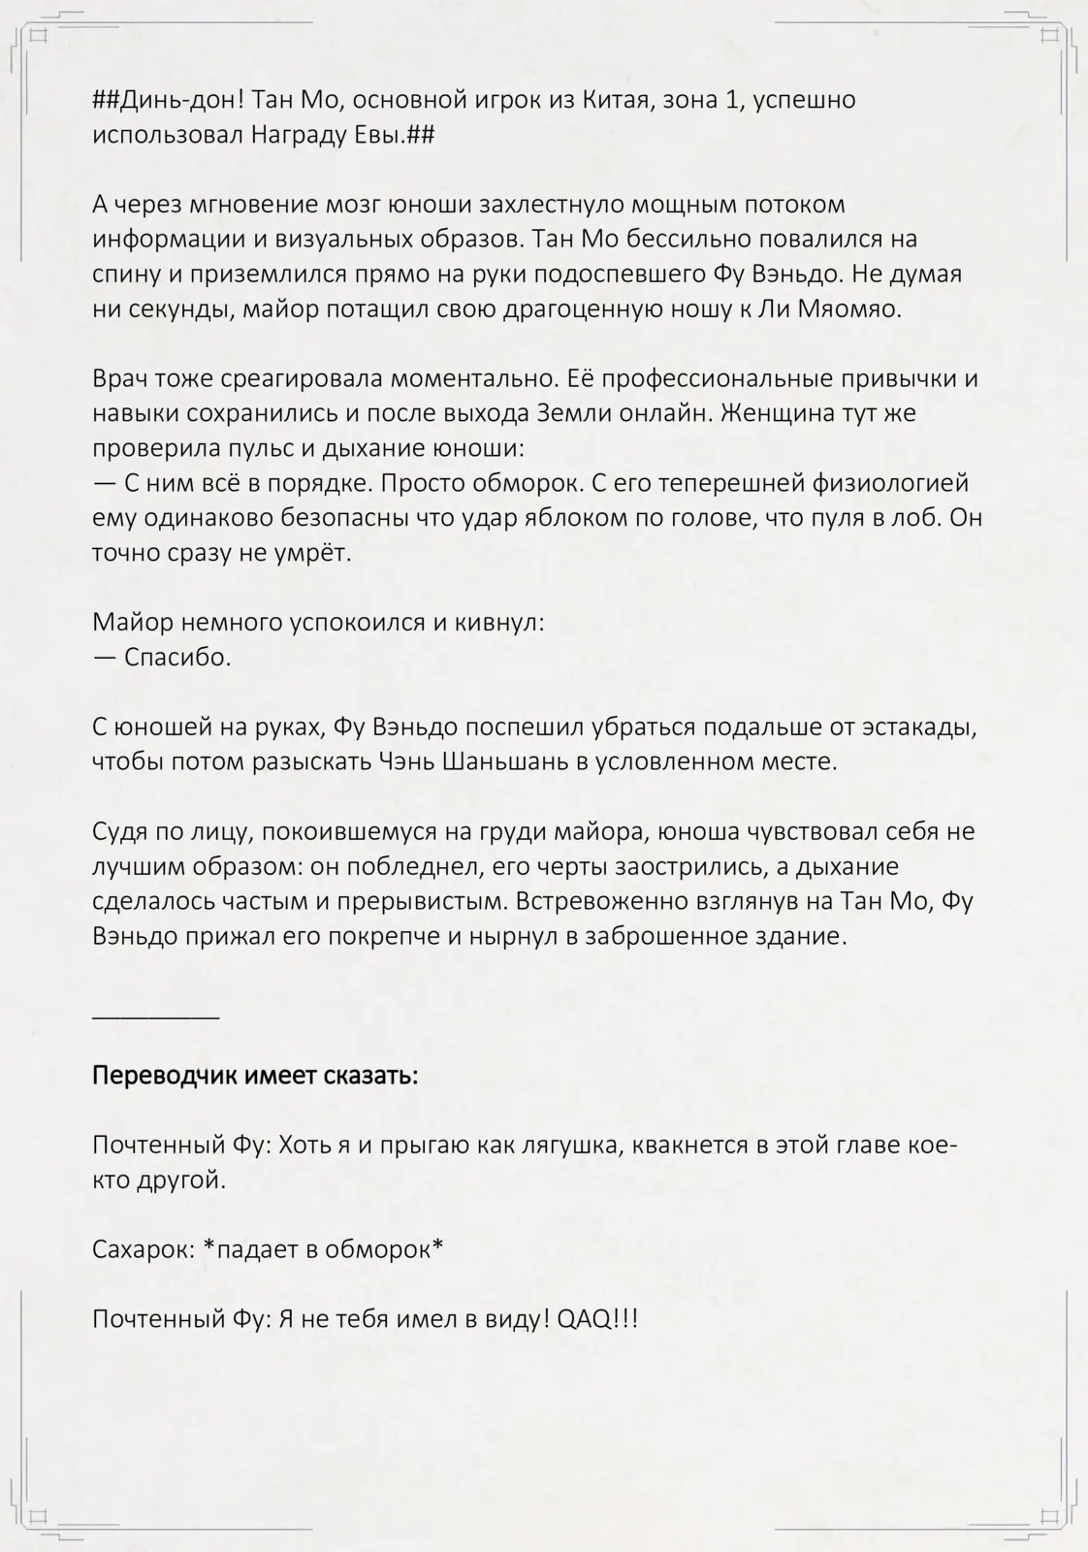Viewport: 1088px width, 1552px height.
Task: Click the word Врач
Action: (124, 379)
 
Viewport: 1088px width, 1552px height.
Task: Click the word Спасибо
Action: (177, 658)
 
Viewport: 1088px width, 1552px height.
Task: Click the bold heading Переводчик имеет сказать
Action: (255, 1076)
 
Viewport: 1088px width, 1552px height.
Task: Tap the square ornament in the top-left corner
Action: (39, 37)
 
